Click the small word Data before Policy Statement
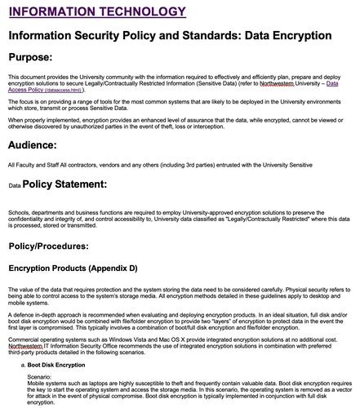15,187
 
